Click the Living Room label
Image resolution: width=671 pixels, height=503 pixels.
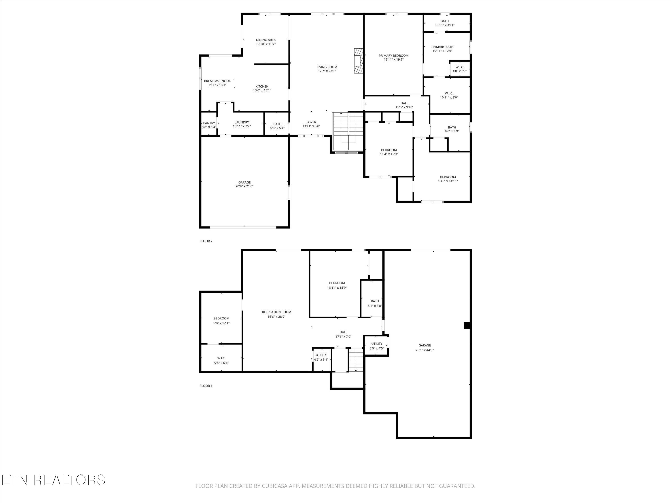(x=327, y=67)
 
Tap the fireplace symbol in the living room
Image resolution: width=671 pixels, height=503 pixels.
(x=359, y=61)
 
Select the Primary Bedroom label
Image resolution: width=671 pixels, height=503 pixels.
(x=393, y=55)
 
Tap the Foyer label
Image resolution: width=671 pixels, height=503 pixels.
(x=311, y=122)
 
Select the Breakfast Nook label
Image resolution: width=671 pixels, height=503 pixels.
(x=217, y=81)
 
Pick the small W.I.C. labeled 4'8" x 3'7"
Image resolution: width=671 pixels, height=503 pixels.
(x=459, y=69)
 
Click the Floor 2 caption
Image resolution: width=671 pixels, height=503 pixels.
(x=206, y=241)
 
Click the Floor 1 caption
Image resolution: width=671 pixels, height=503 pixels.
(x=206, y=386)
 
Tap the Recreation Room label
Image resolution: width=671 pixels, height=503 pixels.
(x=276, y=312)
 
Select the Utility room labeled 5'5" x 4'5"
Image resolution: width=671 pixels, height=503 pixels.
(x=376, y=346)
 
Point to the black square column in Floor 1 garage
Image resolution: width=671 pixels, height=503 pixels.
(x=467, y=325)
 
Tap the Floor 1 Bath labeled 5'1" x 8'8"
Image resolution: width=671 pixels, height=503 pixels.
(x=375, y=303)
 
